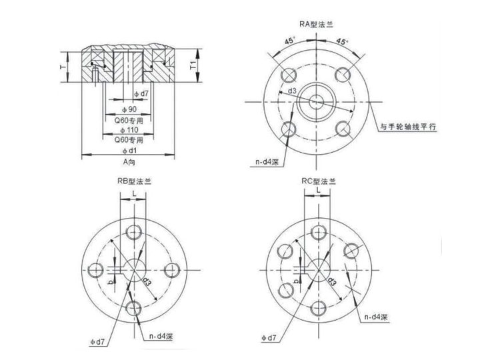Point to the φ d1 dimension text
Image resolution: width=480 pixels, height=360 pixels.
click(x=127, y=151)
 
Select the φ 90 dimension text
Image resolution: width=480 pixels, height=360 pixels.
click(x=128, y=108)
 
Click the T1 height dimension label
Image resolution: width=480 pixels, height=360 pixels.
click(x=193, y=66)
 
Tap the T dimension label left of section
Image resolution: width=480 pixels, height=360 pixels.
click(x=62, y=67)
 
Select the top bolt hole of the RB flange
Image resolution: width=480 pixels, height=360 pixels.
click(x=135, y=231)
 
